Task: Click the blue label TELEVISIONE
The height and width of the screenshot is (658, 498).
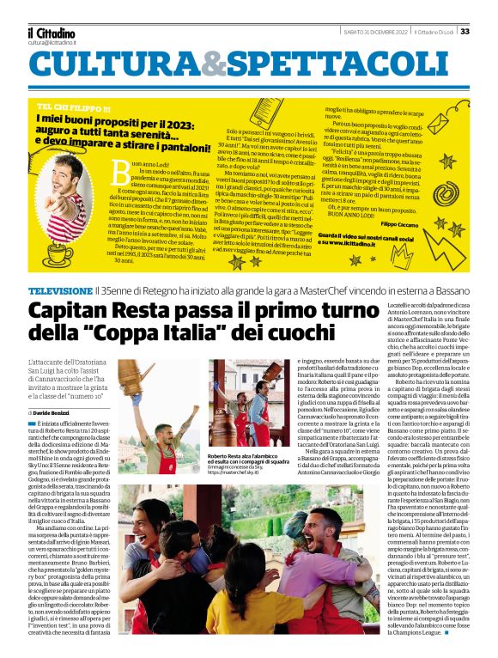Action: tap(62, 267)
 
